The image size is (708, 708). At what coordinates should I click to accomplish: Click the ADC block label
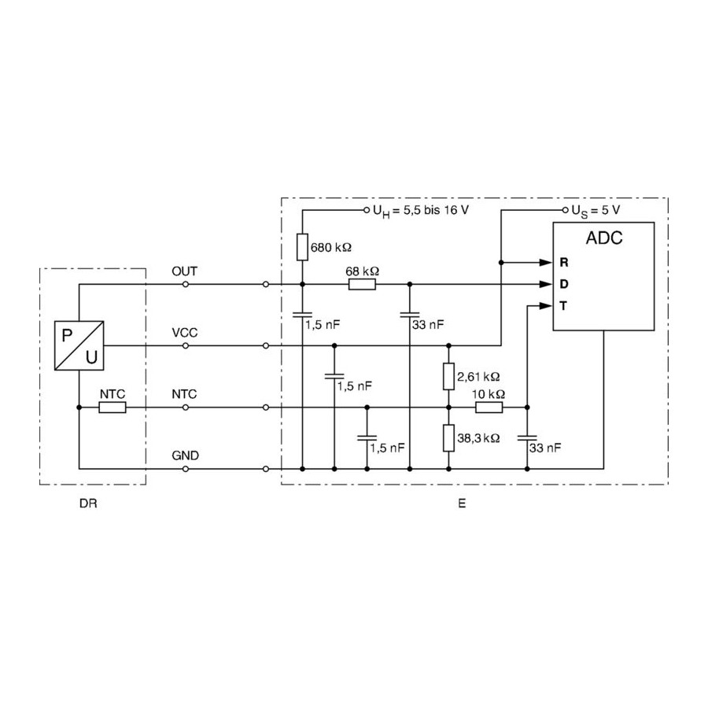tap(604, 238)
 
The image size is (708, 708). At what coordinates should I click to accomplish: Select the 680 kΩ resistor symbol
tap(302, 247)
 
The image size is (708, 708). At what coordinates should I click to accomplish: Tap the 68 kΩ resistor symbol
tap(362, 284)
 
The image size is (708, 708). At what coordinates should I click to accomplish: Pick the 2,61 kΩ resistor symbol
tap(448, 377)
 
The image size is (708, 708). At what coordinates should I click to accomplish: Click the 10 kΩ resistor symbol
tap(489, 407)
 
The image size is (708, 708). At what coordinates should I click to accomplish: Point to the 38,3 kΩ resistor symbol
tap(448, 438)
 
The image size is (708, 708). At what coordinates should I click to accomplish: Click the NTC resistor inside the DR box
tap(112, 407)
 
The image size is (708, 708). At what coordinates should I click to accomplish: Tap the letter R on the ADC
tap(564, 262)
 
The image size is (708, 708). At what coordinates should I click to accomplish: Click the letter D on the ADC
tap(564, 284)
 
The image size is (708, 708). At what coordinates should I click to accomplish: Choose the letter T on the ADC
tap(564, 305)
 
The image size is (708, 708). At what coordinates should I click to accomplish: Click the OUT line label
tap(185, 271)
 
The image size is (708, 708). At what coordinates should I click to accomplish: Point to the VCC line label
tap(185, 333)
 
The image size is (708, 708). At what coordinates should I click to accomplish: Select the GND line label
tap(185, 455)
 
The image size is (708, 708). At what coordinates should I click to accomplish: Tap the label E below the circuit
tap(461, 502)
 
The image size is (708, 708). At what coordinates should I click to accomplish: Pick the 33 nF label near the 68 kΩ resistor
tap(429, 324)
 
